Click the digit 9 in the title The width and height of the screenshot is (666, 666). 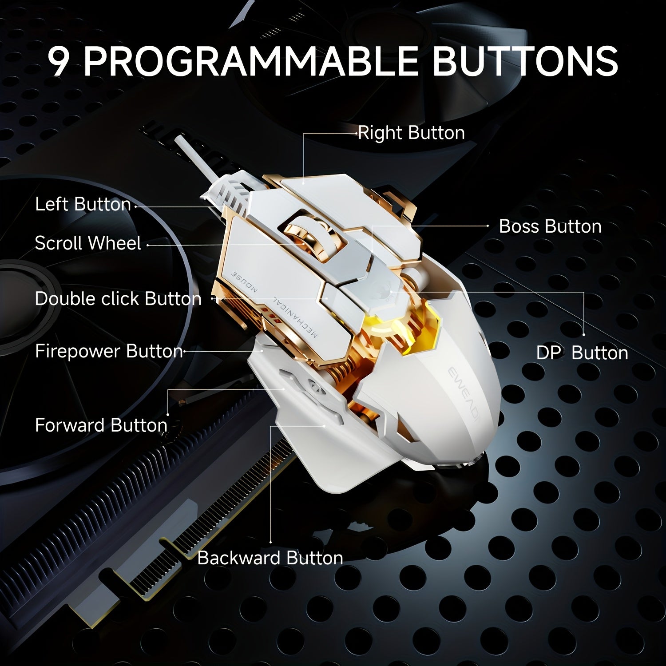click(x=60, y=61)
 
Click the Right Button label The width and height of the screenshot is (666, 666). click(x=411, y=133)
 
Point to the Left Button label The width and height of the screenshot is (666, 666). click(x=83, y=204)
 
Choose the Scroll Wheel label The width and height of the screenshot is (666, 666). click(x=88, y=243)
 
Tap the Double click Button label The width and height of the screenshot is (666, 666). click(x=118, y=299)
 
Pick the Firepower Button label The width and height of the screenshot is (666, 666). click(x=109, y=351)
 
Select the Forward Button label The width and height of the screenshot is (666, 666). click(x=101, y=425)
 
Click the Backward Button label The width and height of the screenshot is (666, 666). click(x=270, y=558)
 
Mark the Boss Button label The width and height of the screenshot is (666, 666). click(x=550, y=226)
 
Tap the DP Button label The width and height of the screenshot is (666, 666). click(x=582, y=353)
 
